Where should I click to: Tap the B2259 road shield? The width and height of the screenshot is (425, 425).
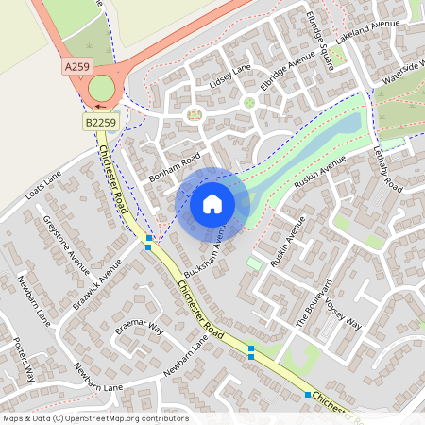[100, 122]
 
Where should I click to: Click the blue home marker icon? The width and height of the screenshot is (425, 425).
[212, 203]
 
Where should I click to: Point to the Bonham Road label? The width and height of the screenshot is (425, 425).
[176, 165]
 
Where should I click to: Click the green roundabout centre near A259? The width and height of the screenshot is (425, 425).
[100, 90]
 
